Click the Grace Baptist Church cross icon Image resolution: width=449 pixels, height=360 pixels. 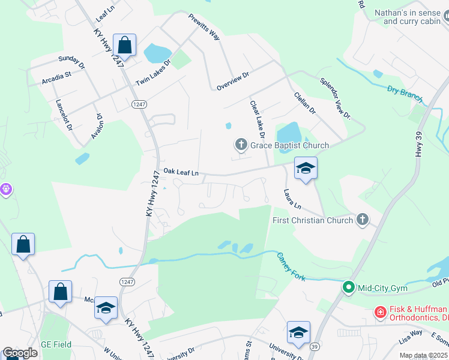pyautogui.click(x=241, y=145)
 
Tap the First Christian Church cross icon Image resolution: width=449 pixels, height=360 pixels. pyautogui.click(x=362, y=220)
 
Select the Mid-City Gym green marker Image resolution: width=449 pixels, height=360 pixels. pyautogui.click(x=348, y=288)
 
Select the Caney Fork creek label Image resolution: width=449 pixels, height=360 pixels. pyautogui.click(x=291, y=265)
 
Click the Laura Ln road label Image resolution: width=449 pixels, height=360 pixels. pyautogui.click(x=292, y=198)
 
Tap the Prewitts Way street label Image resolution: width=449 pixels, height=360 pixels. pyautogui.click(x=204, y=27)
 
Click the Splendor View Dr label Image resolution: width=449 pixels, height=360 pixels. pyautogui.click(x=334, y=98)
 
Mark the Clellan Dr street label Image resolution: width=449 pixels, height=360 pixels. pyautogui.click(x=304, y=103)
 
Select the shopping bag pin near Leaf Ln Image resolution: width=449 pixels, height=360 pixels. pyautogui.click(x=124, y=46)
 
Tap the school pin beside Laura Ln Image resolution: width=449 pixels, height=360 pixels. pyautogui.click(x=305, y=169)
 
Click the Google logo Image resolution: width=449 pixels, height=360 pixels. pyautogui.click(x=20, y=353)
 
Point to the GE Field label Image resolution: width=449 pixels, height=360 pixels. pyautogui.click(x=56, y=344)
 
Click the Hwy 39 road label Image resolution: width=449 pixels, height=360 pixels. pyautogui.click(x=418, y=145)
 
